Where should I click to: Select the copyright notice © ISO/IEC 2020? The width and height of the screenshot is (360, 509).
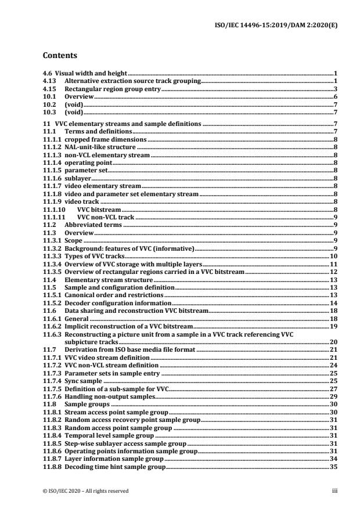point(86,491)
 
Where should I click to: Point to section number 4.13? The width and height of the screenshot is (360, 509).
point(49,82)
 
